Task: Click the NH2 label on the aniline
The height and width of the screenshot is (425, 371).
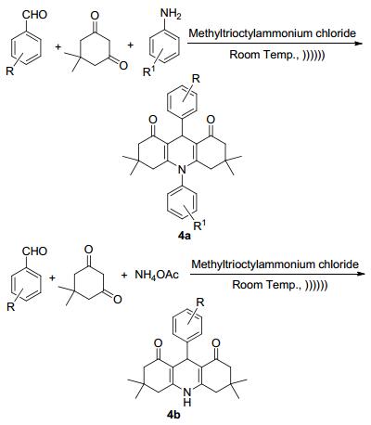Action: point(171,15)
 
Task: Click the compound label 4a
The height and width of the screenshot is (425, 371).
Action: point(184,237)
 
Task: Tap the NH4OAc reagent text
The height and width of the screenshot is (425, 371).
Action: point(157,275)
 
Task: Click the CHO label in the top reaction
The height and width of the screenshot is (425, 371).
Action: point(34,15)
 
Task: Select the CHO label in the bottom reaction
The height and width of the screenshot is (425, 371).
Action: point(34,251)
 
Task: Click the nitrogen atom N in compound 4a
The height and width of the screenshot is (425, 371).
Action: point(183,170)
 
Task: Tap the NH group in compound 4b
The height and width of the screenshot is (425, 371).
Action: point(187,397)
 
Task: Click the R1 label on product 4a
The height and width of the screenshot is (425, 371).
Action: point(199,225)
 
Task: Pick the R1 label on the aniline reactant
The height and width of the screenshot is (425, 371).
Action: point(148,71)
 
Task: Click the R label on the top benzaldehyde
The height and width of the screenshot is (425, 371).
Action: point(10,72)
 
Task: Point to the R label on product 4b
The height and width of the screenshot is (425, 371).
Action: point(200,303)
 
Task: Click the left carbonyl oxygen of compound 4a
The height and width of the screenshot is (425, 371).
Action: point(152,120)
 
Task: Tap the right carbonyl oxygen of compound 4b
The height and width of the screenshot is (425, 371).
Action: point(216,343)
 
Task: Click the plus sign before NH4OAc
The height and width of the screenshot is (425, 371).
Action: point(124,275)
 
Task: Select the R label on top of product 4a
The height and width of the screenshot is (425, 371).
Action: point(196,79)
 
